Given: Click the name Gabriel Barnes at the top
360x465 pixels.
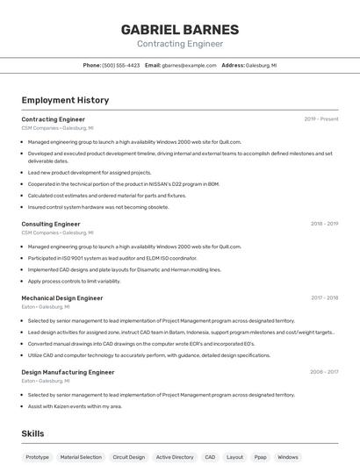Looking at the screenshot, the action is click(180, 29).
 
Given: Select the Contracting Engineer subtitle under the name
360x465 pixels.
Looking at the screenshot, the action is click(180, 44).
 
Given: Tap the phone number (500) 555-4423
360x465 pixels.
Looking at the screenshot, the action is click(120, 65).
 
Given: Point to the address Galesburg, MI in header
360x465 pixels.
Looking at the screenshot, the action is click(261, 65).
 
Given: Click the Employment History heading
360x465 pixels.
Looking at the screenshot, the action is click(65, 101).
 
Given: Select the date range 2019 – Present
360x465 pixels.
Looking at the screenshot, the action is click(320, 119).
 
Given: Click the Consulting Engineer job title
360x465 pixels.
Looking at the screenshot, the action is click(51, 224).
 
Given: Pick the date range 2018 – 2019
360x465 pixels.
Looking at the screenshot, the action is click(324, 224).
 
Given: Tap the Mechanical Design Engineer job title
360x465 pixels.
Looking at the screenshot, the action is click(62, 298).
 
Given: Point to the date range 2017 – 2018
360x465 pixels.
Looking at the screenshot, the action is click(324, 298).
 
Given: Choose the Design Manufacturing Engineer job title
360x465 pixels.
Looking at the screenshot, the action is click(68, 372).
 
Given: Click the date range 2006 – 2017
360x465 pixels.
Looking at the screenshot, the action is click(323, 372).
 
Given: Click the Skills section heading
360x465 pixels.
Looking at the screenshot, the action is click(32, 433).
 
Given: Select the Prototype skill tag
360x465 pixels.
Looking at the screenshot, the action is click(38, 457).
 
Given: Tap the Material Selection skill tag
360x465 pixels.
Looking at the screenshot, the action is click(81, 457).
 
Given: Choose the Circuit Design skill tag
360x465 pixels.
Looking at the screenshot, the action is click(129, 457).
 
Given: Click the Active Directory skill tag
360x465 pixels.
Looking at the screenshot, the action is click(175, 457).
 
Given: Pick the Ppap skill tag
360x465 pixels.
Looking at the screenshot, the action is click(260, 457).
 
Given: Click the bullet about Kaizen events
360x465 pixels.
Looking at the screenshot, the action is click(75, 406).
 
